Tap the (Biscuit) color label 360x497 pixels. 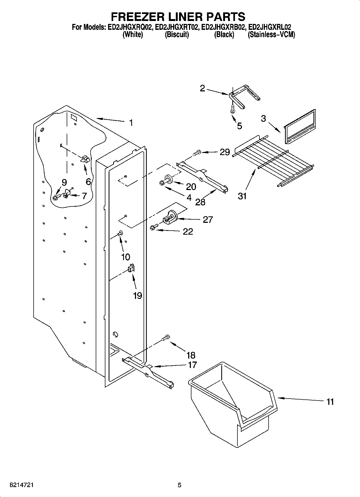(x=177, y=35)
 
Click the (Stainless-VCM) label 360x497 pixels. (x=271, y=35)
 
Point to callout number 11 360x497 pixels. (x=330, y=402)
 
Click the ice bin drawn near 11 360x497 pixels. (x=231, y=403)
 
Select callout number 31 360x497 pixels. (x=242, y=196)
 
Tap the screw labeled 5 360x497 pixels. (x=233, y=109)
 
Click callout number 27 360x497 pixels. (x=208, y=220)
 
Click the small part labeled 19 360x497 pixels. (x=131, y=268)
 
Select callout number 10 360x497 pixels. (x=126, y=257)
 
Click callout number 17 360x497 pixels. (x=192, y=365)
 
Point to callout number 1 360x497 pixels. (x=131, y=123)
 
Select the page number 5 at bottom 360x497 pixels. (x=180, y=485)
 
